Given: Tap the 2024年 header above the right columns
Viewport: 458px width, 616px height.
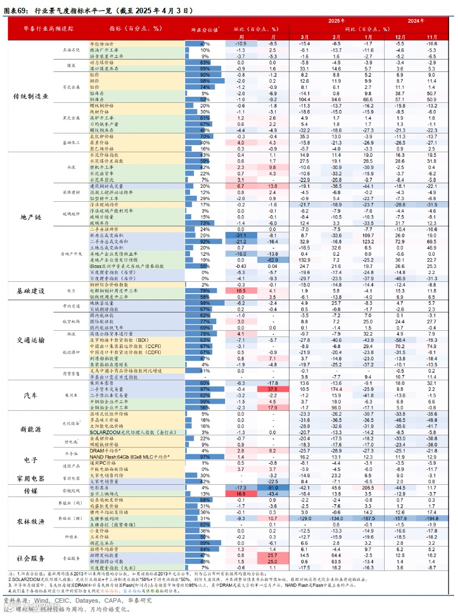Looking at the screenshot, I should (x=416, y=21).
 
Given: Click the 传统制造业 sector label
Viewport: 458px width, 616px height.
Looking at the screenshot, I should (x=31, y=96).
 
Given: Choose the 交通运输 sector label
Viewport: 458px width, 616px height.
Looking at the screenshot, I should (x=31, y=340).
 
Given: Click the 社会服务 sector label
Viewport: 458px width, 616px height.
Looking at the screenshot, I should (x=31, y=558).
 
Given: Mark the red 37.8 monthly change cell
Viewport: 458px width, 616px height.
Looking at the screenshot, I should (x=272, y=389).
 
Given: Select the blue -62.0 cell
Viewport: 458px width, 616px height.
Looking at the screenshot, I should (x=272, y=260).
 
